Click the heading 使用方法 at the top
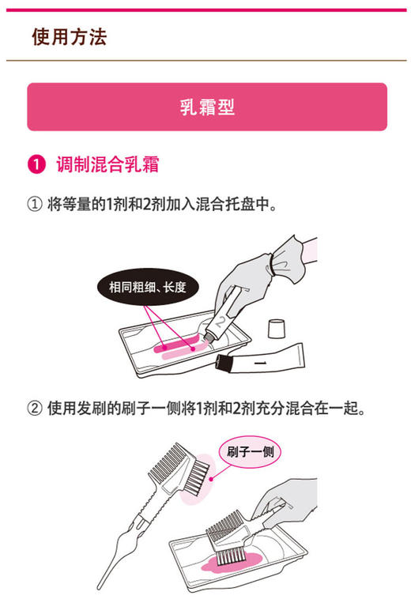click(x=70, y=36)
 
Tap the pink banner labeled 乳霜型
click(x=207, y=107)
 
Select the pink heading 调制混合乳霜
click(x=107, y=165)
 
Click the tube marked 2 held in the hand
click(x=226, y=316)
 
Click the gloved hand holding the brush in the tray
click(x=288, y=506)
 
